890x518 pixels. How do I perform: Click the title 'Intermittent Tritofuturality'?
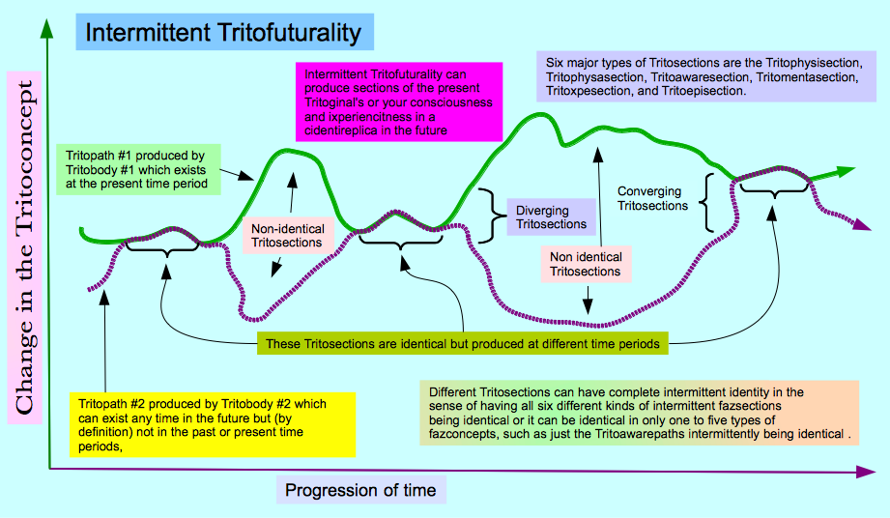(223, 32)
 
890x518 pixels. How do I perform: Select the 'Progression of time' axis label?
(360, 490)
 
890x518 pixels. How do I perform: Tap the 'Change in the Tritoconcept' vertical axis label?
(24, 247)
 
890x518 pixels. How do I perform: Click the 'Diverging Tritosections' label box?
(551, 217)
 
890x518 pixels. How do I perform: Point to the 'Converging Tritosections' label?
(652, 198)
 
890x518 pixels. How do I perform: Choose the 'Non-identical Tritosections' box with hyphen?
(288, 236)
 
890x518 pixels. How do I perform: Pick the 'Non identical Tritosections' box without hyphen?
(586, 264)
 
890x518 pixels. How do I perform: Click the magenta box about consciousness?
(399, 102)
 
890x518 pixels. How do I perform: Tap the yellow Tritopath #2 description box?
(213, 425)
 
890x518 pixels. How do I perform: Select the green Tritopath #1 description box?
(138, 170)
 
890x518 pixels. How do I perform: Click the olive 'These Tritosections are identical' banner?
(463, 344)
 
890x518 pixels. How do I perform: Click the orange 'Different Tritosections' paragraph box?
(639, 413)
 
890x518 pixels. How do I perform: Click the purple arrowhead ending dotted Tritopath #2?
(863, 224)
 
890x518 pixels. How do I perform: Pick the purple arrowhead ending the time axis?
(865, 472)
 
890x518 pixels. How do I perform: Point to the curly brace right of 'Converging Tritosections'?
(706, 203)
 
